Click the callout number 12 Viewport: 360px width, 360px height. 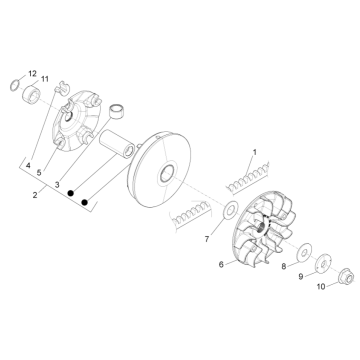click(32, 73)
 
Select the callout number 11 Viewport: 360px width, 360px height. click(44, 79)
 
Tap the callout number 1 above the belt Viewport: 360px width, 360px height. click(255, 152)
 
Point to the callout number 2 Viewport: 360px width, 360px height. click(35, 195)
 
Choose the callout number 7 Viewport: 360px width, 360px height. click(207, 239)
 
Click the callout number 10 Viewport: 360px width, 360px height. click(321, 287)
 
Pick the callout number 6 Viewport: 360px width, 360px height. click(221, 264)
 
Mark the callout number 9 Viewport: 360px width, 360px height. click(301, 277)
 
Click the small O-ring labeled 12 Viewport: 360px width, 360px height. click(14, 85)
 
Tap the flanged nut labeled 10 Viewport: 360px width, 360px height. click(344, 277)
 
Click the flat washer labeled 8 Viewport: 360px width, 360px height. click(304, 251)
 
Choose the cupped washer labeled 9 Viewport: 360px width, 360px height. click(323, 264)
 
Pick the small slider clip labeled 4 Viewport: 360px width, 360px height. click(61, 87)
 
